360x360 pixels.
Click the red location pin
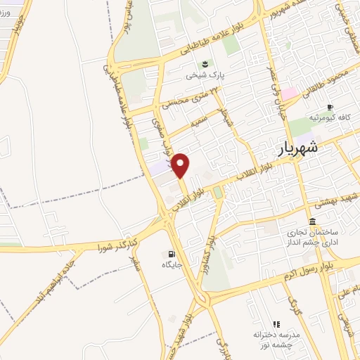181,165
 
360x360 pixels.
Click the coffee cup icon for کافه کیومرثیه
330,106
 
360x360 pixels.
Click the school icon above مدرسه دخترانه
276,323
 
